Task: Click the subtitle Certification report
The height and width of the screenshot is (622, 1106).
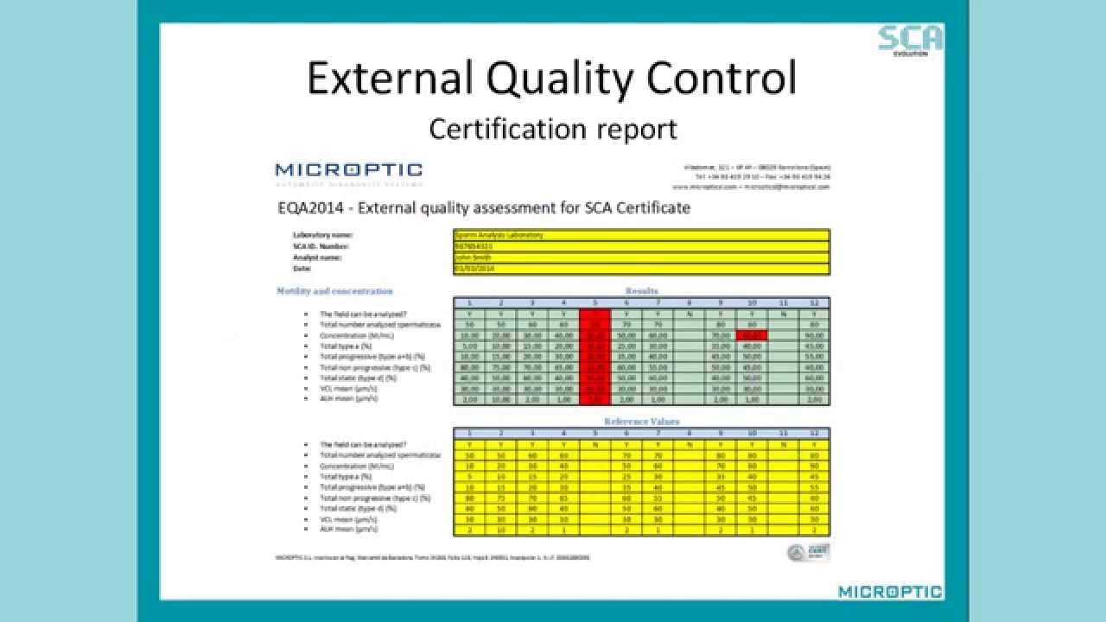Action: pos(553,129)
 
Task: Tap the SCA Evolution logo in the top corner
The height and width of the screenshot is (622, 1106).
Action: pos(910,39)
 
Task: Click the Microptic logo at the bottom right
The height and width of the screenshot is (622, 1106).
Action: pos(890,592)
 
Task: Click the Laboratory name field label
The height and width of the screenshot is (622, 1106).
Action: pos(323,235)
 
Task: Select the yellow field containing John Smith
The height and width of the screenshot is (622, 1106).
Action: pos(641,257)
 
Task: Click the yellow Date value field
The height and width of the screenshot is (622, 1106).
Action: pos(641,269)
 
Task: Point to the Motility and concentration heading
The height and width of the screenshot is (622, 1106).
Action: pos(334,291)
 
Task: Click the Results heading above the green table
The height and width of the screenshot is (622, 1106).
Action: pos(641,291)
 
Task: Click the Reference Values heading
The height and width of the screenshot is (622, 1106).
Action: pos(641,422)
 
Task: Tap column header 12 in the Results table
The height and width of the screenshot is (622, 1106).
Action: pos(814,303)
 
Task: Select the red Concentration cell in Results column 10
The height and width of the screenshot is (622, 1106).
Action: pos(752,335)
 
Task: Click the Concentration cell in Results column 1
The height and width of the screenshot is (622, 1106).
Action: pos(469,335)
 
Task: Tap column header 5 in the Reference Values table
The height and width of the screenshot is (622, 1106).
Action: pos(594,433)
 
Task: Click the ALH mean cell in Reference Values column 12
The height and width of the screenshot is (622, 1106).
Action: pos(814,530)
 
